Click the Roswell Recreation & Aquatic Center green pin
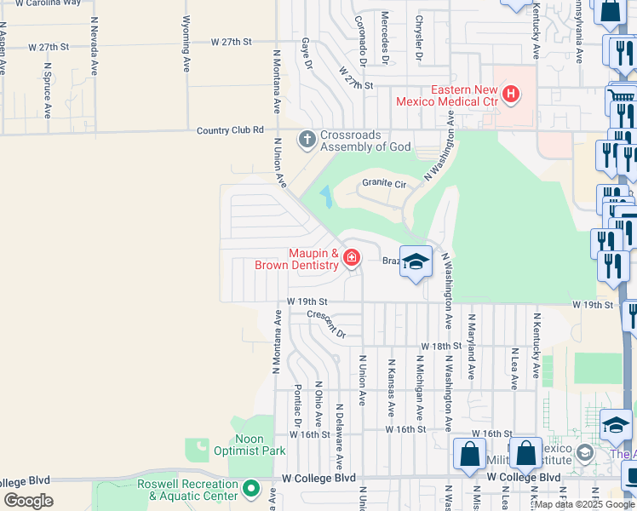tap(250, 489)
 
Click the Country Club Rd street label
tap(230, 130)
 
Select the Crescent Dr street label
tap(327, 324)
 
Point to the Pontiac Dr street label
tap(298, 405)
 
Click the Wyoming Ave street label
tap(186, 43)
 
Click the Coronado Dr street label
tap(361, 39)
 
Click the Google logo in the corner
tap(28, 501)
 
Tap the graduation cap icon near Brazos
tap(416, 261)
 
